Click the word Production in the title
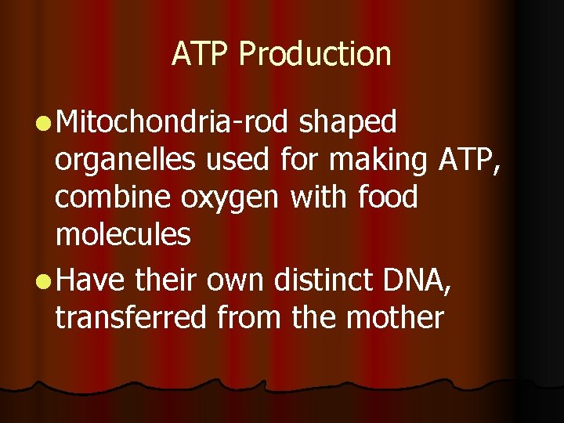pos(314,54)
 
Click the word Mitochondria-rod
pos(175,122)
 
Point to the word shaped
pos(349,124)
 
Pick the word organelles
pos(126,161)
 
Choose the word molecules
pos(123,235)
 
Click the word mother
pos(395,318)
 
